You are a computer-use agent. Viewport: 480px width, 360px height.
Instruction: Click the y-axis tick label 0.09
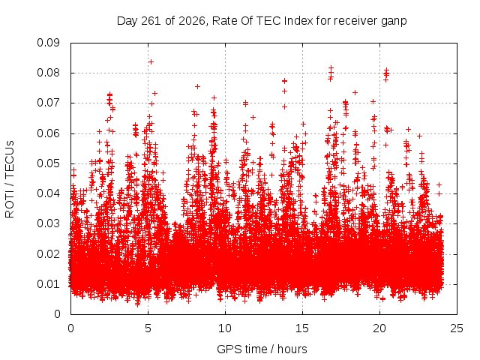point(48,43)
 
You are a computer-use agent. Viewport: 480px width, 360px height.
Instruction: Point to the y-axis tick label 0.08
point(48,73)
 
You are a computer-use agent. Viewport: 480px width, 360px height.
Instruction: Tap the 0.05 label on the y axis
point(48,163)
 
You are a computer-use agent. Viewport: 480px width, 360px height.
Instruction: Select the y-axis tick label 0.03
point(48,223)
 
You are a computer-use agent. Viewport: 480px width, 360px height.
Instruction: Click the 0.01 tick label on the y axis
point(48,284)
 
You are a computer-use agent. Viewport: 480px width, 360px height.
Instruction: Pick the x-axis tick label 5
point(148,328)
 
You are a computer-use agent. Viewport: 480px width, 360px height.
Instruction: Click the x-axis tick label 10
point(225,328)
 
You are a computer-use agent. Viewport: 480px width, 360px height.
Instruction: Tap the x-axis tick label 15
point(302,328)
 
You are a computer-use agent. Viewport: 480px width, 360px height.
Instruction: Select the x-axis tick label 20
point(379,328)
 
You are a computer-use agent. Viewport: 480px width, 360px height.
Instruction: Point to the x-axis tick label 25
point(457,328)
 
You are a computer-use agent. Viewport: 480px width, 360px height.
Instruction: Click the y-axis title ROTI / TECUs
point(10,179)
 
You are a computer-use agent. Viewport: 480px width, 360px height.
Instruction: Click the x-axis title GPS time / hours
point(262,349)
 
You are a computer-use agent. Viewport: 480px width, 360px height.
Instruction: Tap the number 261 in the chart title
point(151,21)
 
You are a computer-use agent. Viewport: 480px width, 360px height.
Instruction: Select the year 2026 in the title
point(192,21)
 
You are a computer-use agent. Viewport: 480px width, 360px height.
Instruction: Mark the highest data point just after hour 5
point(151,61)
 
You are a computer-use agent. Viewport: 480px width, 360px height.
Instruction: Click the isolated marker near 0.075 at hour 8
point(197,87)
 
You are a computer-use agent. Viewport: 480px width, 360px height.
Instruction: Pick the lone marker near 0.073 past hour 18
point(355,92)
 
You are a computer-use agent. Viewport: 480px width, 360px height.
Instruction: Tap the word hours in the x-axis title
point(292,349)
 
